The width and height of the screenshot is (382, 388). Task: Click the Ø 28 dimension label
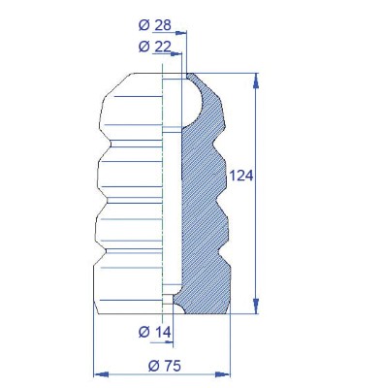pyautogui.click(x=155, y=25)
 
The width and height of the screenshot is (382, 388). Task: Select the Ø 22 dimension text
pyautogui.click(x=155, y=47)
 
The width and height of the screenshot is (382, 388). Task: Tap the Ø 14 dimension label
pyautogui.click(x=154, y=332)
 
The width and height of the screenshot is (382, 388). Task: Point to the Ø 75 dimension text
pyautogui.click(x=165, y=366)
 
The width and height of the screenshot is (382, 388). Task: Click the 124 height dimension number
pyautogui.click(x=240, y=176)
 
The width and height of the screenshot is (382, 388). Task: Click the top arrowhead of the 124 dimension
pyautogui.click(x=256, y=81)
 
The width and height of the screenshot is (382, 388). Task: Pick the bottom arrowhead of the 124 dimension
pyautogui.click(x=256, y=306)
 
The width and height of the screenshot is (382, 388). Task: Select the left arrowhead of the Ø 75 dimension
pyautogui.click(x=101, y=374)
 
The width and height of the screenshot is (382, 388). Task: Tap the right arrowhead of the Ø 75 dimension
pyautogui.click(x=223, y=374)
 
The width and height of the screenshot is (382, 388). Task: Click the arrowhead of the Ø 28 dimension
pyautogui.click(x=181, y=33)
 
